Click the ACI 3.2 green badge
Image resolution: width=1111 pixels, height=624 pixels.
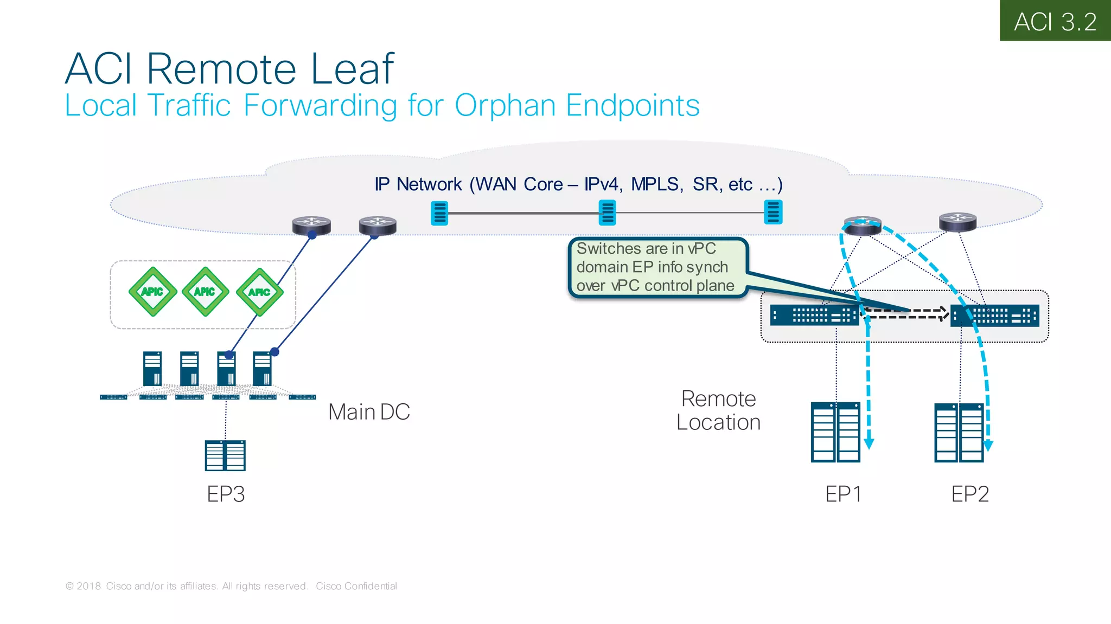(1055, 21)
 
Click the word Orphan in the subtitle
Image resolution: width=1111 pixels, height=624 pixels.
(505, 106)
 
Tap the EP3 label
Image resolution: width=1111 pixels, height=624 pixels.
(226, 494)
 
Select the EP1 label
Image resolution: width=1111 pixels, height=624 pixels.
(843, 494)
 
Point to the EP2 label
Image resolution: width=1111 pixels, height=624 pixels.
(970, 494)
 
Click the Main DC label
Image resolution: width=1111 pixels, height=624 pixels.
(369, 412)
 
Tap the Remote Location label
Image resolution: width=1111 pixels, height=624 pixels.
(718, 410)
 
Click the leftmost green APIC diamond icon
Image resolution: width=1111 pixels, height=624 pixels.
(152, 292)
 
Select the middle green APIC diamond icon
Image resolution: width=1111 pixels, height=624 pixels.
(205, 292)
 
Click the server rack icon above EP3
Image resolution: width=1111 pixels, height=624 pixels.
(225, 455)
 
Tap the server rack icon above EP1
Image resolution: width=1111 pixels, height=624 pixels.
(835, 432)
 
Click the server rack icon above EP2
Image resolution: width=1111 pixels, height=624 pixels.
(959, 432)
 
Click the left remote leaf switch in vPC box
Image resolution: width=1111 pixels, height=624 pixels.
(814, 316)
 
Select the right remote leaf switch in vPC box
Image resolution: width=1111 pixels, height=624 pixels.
(995, 316)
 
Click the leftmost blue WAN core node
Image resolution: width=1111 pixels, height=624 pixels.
(439, 213)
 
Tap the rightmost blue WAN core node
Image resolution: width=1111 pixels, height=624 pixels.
(773, 211)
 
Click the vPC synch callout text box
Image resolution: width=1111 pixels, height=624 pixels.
(656, 267)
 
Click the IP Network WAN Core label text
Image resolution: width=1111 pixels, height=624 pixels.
(578, 184)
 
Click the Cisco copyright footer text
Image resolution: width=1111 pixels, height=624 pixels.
(231, 586)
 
